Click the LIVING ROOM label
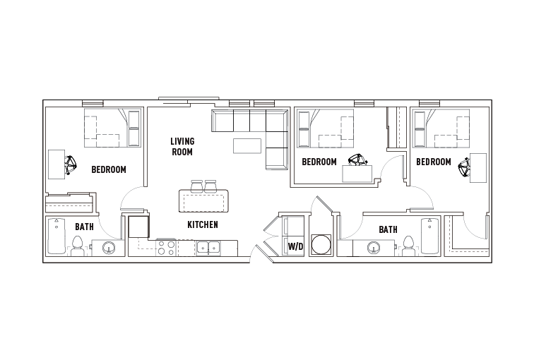point(182,147)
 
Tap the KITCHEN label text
point(202,225)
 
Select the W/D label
point(295,247)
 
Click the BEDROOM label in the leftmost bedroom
point(109,169)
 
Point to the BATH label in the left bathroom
point(84,227)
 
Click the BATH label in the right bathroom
point(387,229)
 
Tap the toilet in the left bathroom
point(78,246)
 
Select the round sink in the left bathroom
point(109,248)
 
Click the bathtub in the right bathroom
point(429,236)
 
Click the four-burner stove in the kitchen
point(166,248)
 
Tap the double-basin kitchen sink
point(208,248)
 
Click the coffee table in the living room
point(247,146)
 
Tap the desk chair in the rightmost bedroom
point(464,167)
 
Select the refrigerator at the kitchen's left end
point(138,227)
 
